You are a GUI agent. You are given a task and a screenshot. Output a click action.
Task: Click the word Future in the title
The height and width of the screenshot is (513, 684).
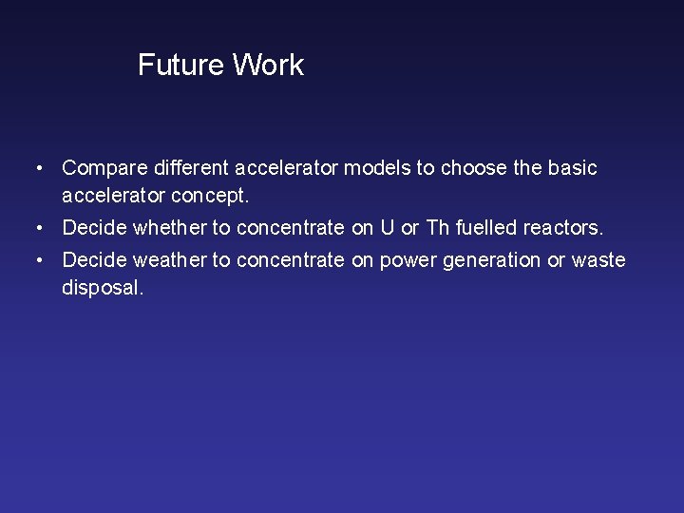tap(181, 66)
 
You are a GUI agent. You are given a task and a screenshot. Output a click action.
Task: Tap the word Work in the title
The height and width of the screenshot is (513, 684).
tap(268, 66)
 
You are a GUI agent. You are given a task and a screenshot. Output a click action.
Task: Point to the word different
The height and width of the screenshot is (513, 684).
tap(190, 168)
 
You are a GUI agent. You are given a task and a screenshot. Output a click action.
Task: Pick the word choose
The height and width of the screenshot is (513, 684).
tap(474, 168)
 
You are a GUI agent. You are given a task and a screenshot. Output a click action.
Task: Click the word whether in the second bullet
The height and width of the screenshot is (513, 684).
tap(182, 228)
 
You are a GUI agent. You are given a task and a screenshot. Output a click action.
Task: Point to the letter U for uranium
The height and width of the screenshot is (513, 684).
tap(387, 228)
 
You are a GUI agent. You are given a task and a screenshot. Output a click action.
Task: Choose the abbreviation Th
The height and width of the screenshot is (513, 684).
tap(435, 228)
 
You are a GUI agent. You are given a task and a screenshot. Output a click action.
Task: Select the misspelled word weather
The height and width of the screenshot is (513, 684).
tap(183, 260)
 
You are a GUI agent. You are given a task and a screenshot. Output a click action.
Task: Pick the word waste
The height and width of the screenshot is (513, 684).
tap(598, 260)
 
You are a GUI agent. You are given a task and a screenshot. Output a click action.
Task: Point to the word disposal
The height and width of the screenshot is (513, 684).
tap(103, 288)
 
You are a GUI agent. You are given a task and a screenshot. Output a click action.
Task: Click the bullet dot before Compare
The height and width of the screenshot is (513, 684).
tap(37, 169)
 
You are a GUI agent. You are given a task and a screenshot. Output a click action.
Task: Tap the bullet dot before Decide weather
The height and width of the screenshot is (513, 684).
tap(37, 260)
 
